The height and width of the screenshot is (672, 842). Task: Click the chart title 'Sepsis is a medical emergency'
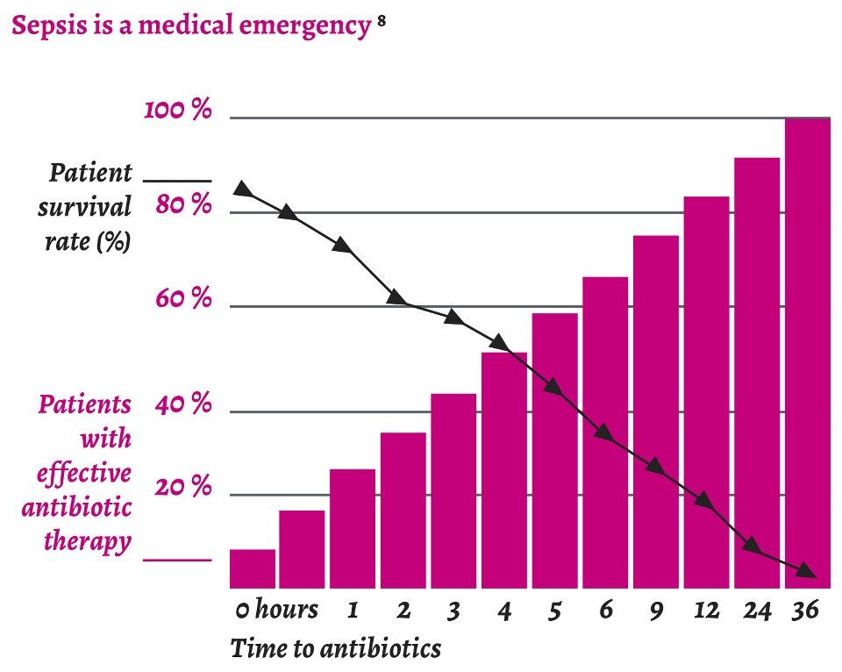pos(191,25)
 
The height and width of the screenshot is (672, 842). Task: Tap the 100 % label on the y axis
pos(179,111)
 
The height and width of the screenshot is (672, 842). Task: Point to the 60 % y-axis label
pos(183,299)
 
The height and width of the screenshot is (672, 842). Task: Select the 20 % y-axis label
pos(183,487)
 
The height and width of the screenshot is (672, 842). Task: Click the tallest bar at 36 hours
pos(807,351)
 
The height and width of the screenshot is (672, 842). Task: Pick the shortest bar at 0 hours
pos(253,568)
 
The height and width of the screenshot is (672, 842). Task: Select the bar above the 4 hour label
pos(504,469)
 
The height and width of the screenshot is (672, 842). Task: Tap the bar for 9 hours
pos(656,412)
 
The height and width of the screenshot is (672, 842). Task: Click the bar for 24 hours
pos(757,373)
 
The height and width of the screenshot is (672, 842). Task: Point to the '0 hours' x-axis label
pos(276,610)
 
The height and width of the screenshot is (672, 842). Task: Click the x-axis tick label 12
pos(705,610)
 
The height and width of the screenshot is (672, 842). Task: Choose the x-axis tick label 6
pos(604,610)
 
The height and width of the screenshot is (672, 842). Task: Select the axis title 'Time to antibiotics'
pos(335,649)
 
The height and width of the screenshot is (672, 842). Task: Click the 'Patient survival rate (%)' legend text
pos(88,206)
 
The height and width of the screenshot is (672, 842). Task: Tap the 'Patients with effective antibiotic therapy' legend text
pos(84,474)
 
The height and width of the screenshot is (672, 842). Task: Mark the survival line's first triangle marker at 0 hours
pos(243,190)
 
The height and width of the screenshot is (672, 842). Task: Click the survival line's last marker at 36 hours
pos(808,572)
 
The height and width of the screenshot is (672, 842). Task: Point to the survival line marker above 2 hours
pos(396,297)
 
